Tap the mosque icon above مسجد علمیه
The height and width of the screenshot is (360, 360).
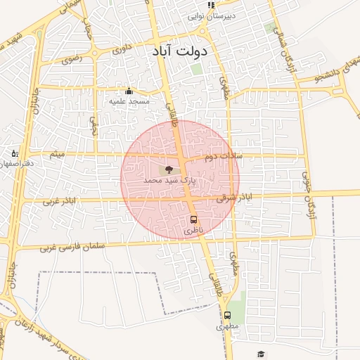pyautogui.click(x=129, y=91)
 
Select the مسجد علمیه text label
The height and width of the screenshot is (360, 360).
pyautogui.click(x=129, y=102)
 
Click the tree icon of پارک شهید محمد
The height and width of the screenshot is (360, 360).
pyautogui.click(x=168, y=169)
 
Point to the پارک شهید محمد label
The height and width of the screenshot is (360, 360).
pyautogui.click(x=169, y=181)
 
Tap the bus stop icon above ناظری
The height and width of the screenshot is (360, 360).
pyautogui.click(x=193, y=220)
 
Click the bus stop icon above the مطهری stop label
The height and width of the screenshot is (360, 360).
pyautogui.click(x=227, y=316)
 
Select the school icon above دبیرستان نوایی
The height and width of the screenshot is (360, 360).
pyautogui.click(x=211, y=5)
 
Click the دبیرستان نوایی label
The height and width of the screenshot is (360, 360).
pyautogui.click(x=211, y=15)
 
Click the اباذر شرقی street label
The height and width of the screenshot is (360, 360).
pyautogui.click(x=234, y=198)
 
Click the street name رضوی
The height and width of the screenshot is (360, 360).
pyautogui.click(x=72, y=59)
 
